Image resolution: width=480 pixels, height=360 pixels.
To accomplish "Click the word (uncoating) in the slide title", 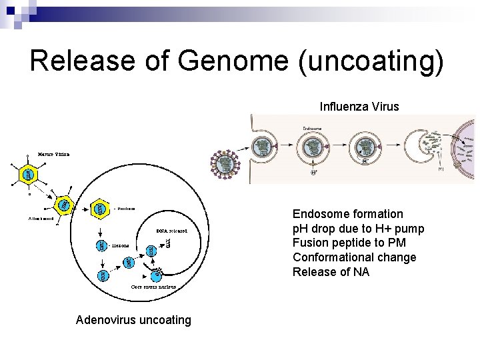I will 371,61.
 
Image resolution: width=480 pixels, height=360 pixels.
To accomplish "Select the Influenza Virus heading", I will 359,106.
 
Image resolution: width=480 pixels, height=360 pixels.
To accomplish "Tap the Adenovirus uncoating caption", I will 133,320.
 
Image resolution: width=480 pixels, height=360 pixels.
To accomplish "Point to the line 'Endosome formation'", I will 347,214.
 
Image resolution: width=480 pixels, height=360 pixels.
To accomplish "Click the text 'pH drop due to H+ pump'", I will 358,229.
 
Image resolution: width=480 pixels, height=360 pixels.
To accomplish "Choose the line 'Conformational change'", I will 354,258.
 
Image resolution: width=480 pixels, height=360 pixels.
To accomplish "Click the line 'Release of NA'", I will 331,273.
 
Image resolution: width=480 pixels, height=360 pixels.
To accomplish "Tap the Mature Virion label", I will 53,154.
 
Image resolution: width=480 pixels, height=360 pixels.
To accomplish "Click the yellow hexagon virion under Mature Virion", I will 28,175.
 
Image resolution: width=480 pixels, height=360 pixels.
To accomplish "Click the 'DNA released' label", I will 171,231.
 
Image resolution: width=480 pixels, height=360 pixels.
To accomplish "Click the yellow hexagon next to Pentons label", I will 100,209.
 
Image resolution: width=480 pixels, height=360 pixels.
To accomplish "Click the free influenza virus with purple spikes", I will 227,164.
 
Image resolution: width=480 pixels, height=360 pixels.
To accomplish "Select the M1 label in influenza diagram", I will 441,169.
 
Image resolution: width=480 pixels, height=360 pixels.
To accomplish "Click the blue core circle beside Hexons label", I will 101,245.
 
